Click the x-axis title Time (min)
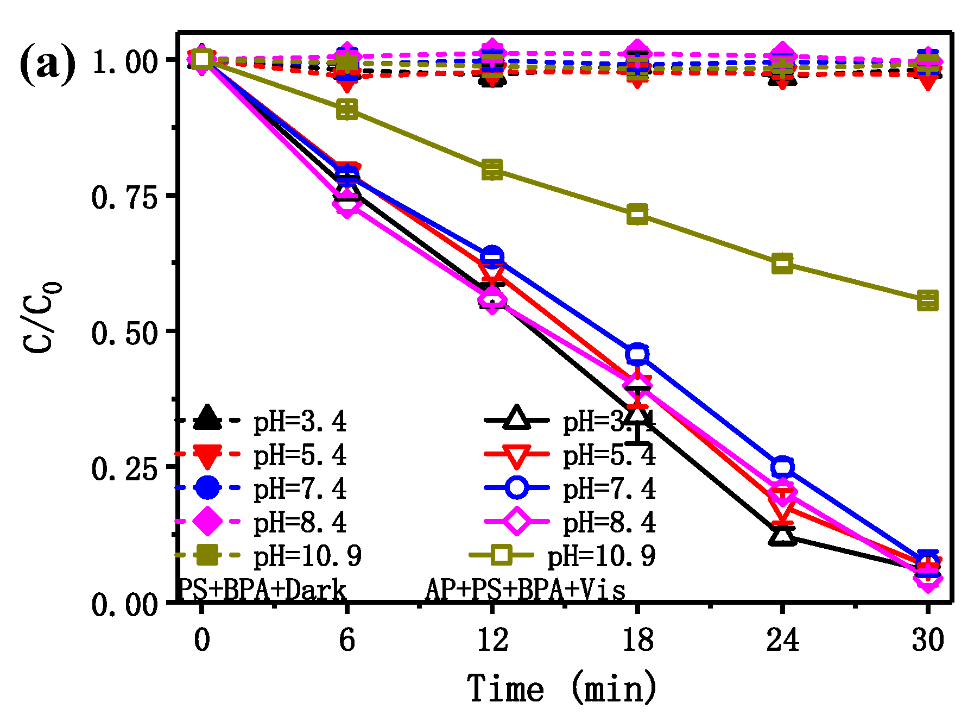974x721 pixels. (561, 688)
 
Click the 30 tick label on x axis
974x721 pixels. (927, 640)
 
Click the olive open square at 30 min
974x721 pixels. (927, 300)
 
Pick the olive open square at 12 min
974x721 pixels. (492, 170)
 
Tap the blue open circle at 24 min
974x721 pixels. (782, 467)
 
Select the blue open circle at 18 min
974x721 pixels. (637, 354)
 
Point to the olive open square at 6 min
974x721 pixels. (347, 109)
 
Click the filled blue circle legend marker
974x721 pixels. (207, 487)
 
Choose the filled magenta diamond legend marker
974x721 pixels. (207, 521)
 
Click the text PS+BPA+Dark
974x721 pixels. (262, 590)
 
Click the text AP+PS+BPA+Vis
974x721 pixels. (524, 590)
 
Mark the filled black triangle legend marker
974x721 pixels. (207, 418)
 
